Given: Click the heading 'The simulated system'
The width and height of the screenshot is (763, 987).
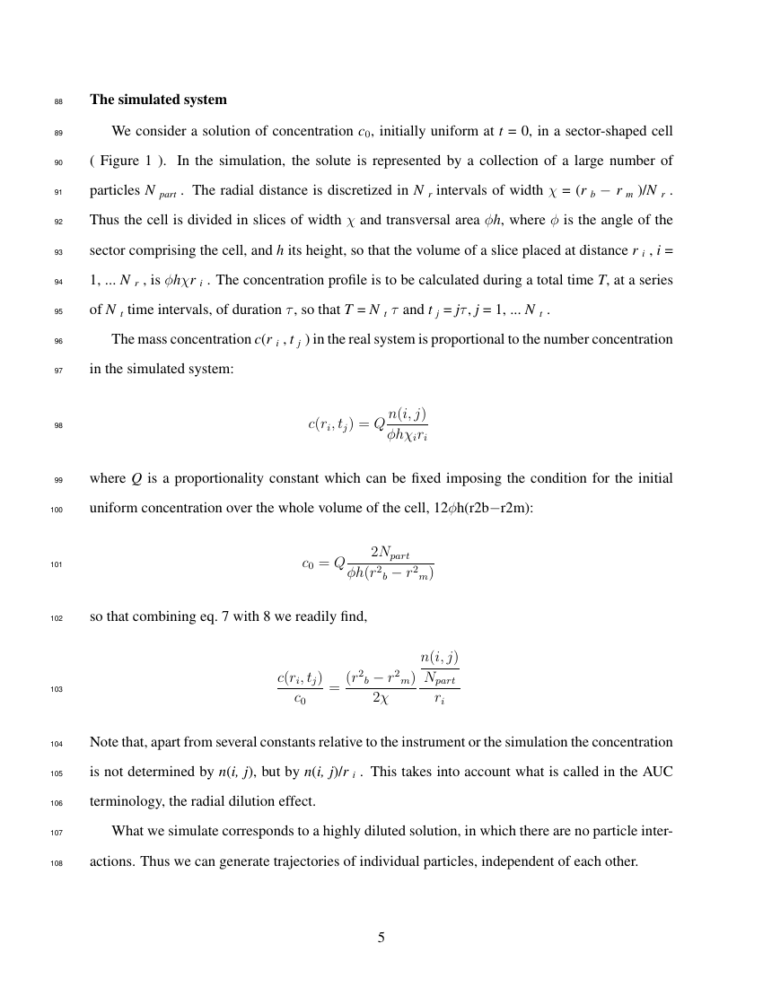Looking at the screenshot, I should tap(158, 100).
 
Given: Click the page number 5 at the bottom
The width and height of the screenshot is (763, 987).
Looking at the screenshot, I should tap(381, 938).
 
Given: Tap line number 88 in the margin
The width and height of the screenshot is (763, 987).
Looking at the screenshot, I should tap(58, 100).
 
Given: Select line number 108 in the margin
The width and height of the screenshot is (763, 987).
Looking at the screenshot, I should tap(57, 862).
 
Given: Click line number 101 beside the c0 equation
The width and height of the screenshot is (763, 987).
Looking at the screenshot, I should tap(57, 565).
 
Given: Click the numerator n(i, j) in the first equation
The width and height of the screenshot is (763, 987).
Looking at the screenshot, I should tap(408, 414).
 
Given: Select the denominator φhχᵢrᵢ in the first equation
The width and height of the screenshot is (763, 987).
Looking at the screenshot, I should tap(408, 436).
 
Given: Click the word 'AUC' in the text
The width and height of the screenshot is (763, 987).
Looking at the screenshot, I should tap(657, 772).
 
